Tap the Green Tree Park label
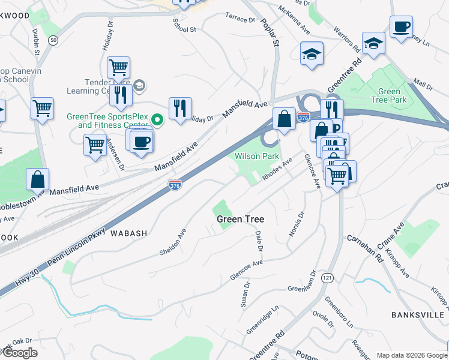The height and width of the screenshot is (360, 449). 390,96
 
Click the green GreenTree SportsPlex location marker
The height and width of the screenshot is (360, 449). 157,120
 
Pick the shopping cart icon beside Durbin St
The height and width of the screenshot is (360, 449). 43,109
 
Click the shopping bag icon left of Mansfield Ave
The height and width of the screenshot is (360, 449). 38,178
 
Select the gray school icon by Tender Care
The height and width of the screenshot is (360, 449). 139,85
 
